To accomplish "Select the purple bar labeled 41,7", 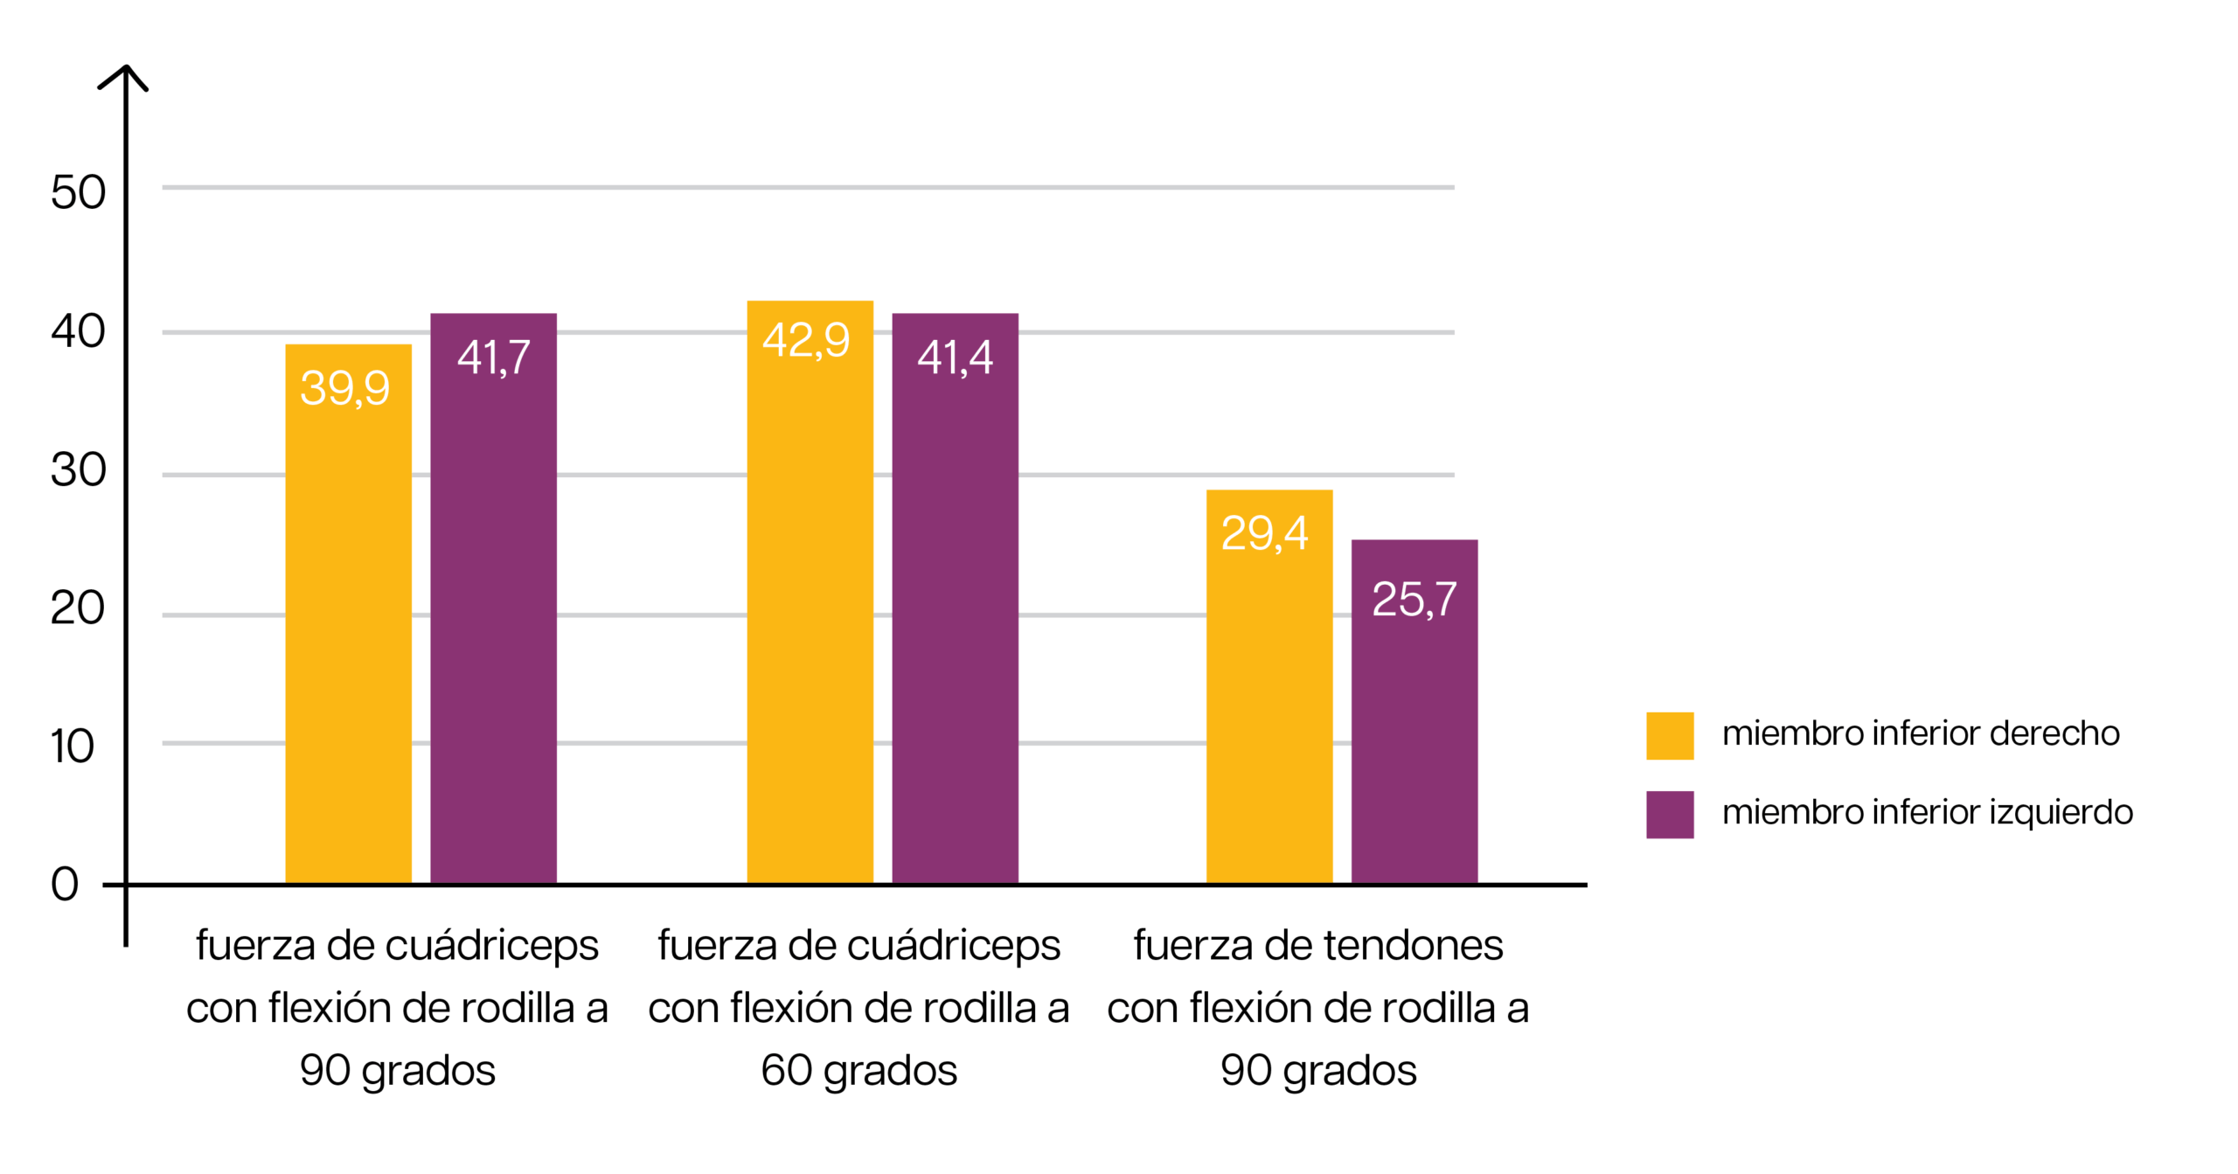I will tap(493, 612).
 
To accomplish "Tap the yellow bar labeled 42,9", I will tap(810, 612).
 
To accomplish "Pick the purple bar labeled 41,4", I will tap(955, 612).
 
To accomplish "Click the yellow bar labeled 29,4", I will tap(1269, 699).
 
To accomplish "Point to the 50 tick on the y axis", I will tap(78, 192).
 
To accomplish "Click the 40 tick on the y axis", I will tap(78, 331).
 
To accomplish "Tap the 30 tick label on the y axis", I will tap(78, 469).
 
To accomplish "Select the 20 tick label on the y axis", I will tap(78, 608).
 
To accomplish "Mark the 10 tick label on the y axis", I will tap(72, 747).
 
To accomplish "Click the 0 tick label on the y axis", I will tap(65, 884).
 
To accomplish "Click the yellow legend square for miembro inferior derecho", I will tap(1670, 735).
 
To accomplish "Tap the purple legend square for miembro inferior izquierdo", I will tap(1670, 814).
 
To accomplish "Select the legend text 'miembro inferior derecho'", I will tap(1920, 733).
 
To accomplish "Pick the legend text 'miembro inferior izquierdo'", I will tap(1927, 812).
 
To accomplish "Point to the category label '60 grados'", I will tap(858, 1070).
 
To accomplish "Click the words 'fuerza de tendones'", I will tap(1317, 945).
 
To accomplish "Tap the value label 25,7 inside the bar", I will tap(1414, 600).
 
